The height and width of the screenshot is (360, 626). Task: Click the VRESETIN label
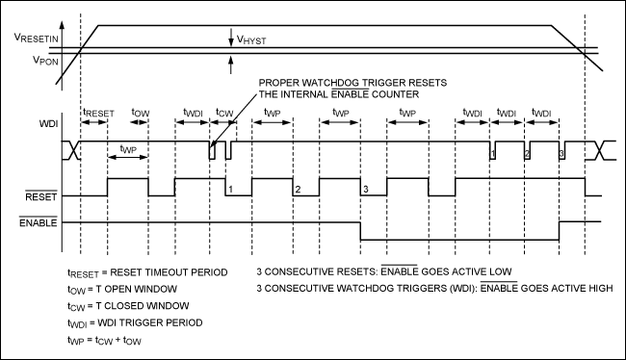coord(35,39)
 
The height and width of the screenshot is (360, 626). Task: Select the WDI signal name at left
coord(46,125)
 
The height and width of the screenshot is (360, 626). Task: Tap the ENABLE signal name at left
coord(39,222)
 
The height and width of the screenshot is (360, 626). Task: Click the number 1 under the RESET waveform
coord(232,189)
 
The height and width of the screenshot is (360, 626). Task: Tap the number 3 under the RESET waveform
coord(365,189)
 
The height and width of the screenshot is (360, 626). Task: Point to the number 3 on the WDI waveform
coord(561,154)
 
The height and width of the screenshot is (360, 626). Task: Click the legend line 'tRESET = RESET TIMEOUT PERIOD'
coord(147,272)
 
